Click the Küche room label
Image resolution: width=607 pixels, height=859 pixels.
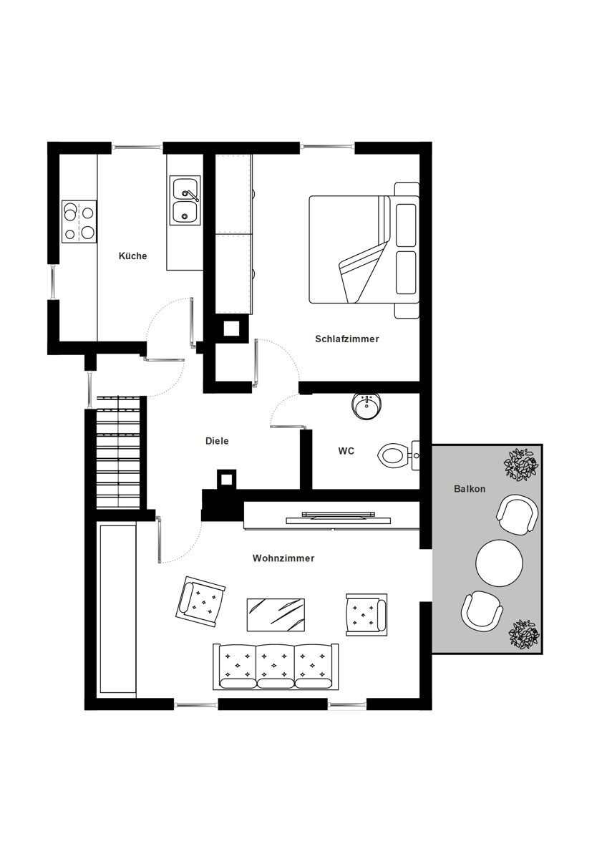coord(132,256)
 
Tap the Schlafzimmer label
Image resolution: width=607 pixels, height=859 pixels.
coord(347,339)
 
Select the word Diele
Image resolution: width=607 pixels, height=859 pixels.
coord(217,441)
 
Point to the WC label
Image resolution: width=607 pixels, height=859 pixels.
coord(346,451)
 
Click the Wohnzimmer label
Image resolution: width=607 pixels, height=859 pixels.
coord(283,558)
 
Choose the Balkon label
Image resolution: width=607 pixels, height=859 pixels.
coord(470,489)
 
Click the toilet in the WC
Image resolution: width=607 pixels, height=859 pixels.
coord(399,455)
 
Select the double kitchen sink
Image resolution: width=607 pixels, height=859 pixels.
coord(185,200)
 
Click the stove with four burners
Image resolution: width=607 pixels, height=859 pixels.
coord(79,222)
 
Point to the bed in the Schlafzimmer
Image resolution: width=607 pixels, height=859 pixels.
coord(364,250)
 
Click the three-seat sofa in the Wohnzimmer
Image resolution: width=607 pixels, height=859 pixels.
coord(276,666)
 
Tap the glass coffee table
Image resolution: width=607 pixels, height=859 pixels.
coord(276,614)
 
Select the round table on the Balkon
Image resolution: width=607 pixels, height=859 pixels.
coord(499,563)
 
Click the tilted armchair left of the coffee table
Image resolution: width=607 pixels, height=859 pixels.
coord(200,602)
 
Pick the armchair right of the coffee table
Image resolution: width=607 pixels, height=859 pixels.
coord(366,614)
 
